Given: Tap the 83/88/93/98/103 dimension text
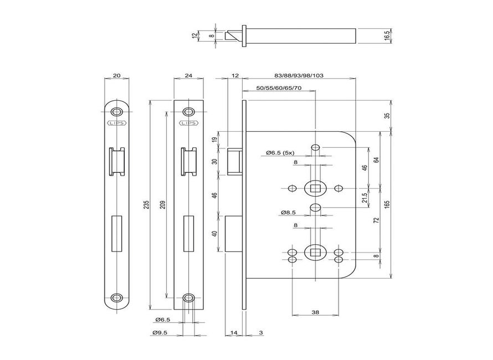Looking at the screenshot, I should click(x=299, y=75).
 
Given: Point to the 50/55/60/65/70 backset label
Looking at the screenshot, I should click(x=279, y=89).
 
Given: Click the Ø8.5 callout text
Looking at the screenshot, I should click(x=289, y=212).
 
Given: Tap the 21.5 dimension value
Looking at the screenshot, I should click(x=364, y=198).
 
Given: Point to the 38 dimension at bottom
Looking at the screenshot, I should click(x=315, y=312).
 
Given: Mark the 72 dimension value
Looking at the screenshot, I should click(x=376, y=220).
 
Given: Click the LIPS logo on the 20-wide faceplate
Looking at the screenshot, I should click(x=116, y=123).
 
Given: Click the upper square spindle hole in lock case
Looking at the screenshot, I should click(x=315, y=189).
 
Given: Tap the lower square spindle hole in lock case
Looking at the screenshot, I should click(x=315, y=253).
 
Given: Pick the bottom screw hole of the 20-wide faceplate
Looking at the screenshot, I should click(x=116, y=297).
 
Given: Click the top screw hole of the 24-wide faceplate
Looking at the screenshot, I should click(x=189, y=110).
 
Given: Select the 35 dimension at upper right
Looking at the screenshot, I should click(x=387, y=116).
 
